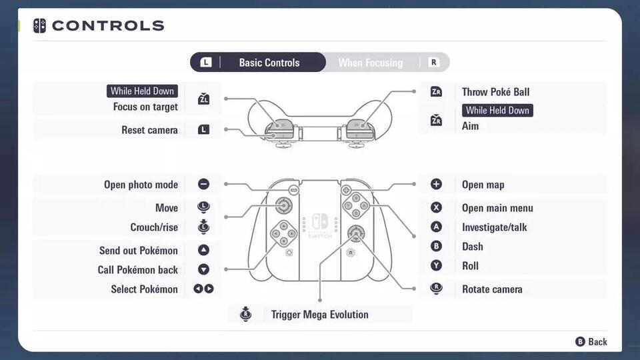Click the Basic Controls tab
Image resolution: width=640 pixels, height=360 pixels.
(269, 63)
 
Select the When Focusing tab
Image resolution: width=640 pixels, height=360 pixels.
(370, 63)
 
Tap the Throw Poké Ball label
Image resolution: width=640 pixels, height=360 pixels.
(495, 92)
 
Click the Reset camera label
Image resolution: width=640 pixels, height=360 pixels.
(149, 130)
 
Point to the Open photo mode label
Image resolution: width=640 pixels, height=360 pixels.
(141, 185)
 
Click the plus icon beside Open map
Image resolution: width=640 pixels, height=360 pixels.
(436, 185)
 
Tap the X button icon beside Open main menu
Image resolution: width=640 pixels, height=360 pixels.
(436, 208)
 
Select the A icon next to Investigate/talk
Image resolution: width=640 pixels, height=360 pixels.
(436, 227)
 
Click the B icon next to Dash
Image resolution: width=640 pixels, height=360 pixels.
(436, 246)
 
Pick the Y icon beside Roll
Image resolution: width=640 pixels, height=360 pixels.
(436, 265)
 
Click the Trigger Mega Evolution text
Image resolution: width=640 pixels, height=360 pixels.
(319, 315)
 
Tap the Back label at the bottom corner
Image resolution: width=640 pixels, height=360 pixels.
(597, 341)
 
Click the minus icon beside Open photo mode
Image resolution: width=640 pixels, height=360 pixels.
(203, 185)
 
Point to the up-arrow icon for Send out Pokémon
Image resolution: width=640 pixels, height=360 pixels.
(203, 250)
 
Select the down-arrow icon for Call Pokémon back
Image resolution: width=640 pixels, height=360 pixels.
(203, 269)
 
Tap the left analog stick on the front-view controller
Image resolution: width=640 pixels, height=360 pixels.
(284, 205)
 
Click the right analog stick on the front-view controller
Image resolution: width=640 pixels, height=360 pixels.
(355, 233)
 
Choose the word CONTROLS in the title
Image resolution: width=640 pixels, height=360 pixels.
(107, 26)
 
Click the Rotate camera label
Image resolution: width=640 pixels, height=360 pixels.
(492, 289)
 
